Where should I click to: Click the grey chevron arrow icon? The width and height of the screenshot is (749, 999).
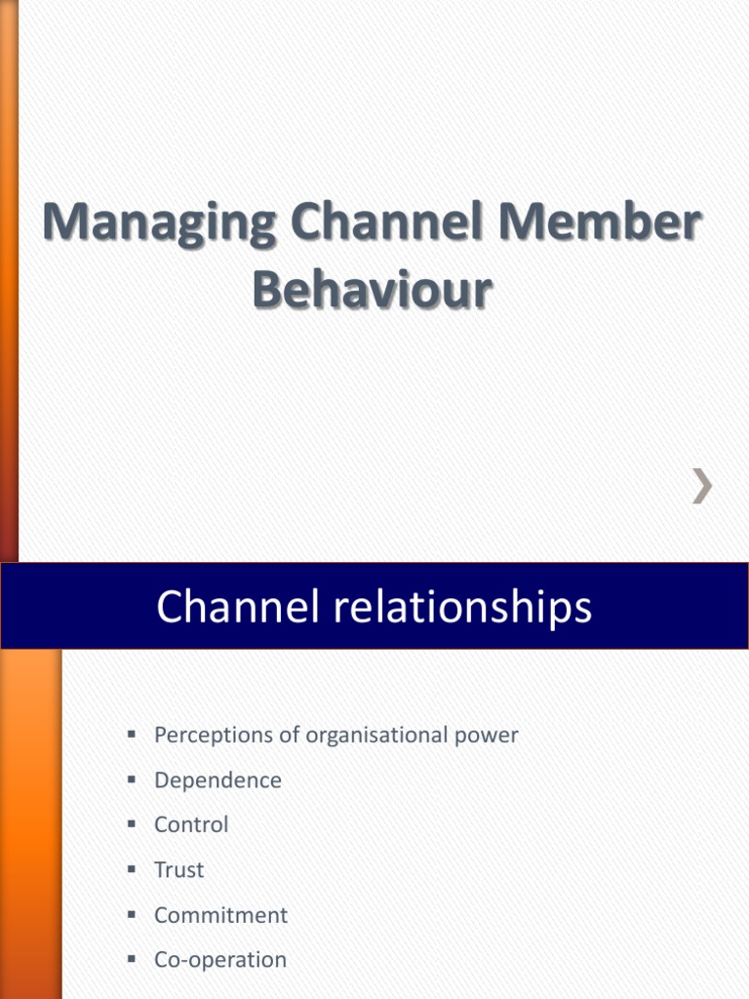click(x=701, y=485)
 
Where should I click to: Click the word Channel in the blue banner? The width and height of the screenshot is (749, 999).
click(x=232, y=607)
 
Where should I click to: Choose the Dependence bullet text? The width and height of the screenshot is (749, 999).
click(x=217, y=780)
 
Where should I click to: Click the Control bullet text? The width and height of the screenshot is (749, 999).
click(x=191, y=824)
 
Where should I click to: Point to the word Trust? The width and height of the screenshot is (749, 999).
click(x=179, y=869)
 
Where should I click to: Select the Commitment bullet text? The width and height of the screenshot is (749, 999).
click(x=220, y=915)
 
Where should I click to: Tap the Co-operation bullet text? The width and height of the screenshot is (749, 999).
click(x=220, y=960)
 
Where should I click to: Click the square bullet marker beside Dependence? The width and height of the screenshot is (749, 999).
click(x=131, y=779)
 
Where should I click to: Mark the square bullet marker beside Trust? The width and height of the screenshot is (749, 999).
click(x=131, y=868)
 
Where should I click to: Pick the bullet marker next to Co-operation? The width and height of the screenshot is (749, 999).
click(x=131, y=958)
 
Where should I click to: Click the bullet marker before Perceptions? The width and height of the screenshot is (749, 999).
click(x=131, y=734)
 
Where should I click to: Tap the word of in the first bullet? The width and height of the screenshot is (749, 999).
click(x=290, y=736)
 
